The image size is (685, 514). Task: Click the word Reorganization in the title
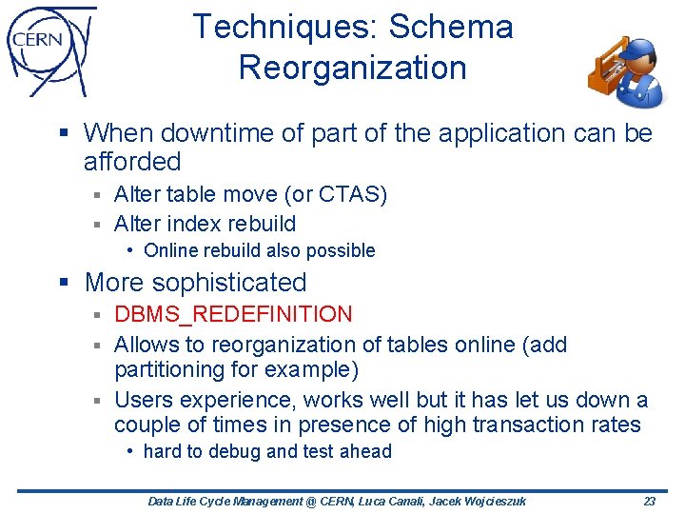click(352, 68)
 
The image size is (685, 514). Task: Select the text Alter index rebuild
click(205, 224)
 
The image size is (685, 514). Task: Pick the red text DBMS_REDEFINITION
click(233, 314)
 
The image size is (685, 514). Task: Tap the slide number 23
click(650, 501)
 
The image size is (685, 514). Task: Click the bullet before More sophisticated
click(65, 283)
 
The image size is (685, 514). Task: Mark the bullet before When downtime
click(65, 133)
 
